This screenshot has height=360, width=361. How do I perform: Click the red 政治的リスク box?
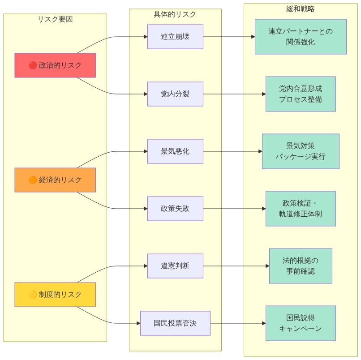tap(55, 65)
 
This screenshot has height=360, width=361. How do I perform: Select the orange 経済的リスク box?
tap(55, 180)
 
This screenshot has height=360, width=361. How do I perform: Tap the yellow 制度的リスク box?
tap(55, 295)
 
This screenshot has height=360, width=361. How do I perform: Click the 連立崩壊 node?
tap(175, 37)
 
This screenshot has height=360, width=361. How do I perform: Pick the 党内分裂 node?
tap(175, 94)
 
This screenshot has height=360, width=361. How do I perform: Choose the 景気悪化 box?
tap(175, 151)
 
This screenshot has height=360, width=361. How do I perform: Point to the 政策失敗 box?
tap(175, 209)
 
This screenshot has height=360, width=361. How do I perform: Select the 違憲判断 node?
tap(175, 266)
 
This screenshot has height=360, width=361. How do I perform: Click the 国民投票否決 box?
tap(175, 323)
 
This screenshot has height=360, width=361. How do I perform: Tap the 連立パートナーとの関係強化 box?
tap(301, 37)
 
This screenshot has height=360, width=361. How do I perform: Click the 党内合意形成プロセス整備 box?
tap(301, 94)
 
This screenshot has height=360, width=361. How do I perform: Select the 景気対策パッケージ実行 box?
tap(301, 151)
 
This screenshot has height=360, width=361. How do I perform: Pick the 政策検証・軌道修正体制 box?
tap(301, 209)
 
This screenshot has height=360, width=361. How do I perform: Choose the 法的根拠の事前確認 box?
tap(301, 266)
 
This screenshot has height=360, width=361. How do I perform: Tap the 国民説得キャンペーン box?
tap(301, 323)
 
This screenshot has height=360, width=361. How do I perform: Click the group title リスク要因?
tap(55, 19)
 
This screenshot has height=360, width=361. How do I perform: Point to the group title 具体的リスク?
tap(175, 14)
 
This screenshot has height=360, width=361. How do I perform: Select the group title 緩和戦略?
tap(301, 9)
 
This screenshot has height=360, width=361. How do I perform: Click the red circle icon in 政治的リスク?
tap(32, 65)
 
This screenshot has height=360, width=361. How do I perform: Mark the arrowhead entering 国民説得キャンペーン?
tap(263, 323)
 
